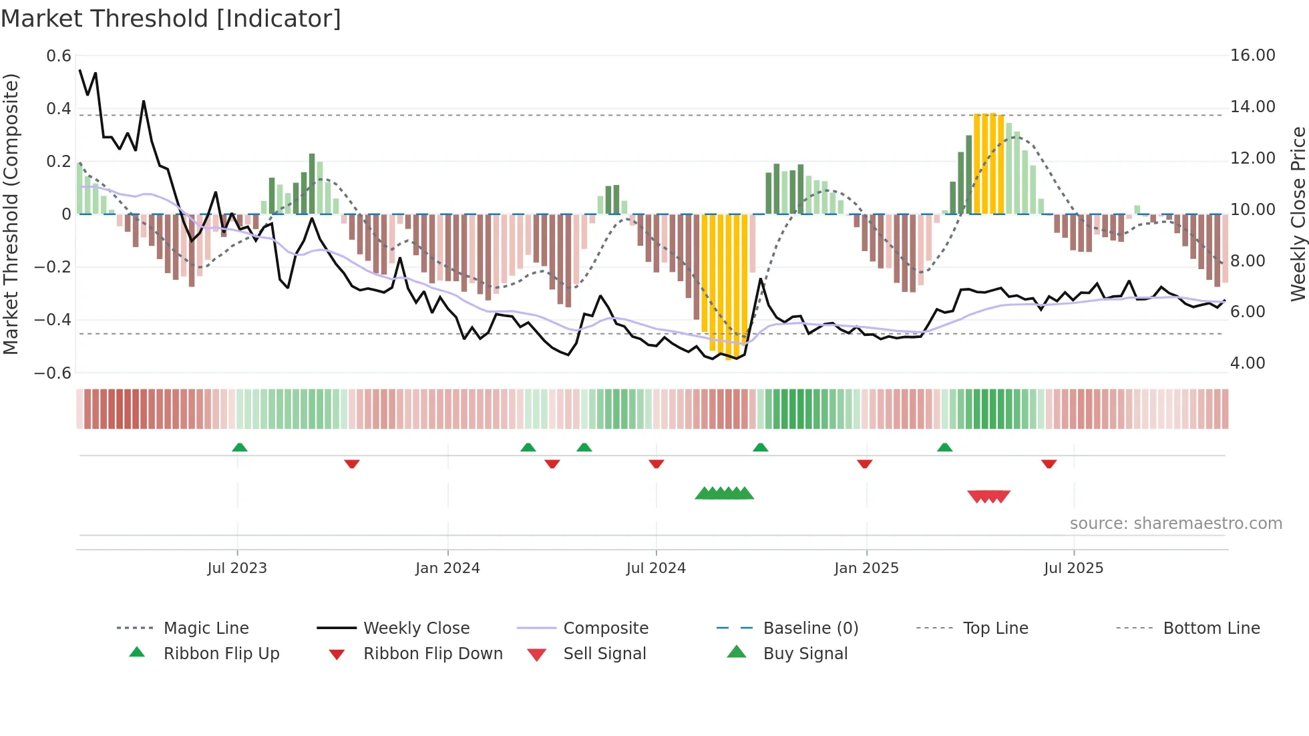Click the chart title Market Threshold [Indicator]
pyautogui.click(x=171, y=19)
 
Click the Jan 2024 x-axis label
pyautogui.click(x=447, y=568)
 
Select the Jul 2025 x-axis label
pyautogui.click(x=1073, y=568)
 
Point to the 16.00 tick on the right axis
pyautogui.click(x=1252, y=55)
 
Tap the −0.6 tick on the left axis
pyautogui.click(x=53, y=373)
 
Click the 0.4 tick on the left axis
pyautogui.click(x=59, y=108)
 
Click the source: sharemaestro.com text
pyautogui.click(x=1175, y=523)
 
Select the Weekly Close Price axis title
pyautogui.click(x=1298, y=214)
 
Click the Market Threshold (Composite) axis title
pyautogui.click(x=11, y=214)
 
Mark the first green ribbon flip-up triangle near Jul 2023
pyautogui.click(x=240, y=447)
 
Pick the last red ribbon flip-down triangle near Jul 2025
pyautogui.click(x=1049, y=464)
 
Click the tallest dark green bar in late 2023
pyautogui.click(x=312, y=183)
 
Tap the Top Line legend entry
pyautogui.click(x=995, y=628)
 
